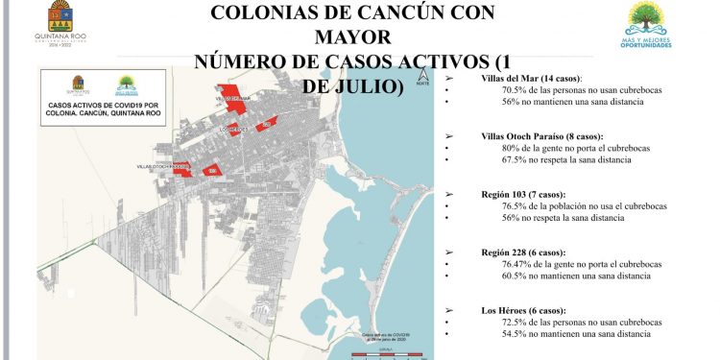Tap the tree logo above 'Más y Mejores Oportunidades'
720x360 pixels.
point(644,19)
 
